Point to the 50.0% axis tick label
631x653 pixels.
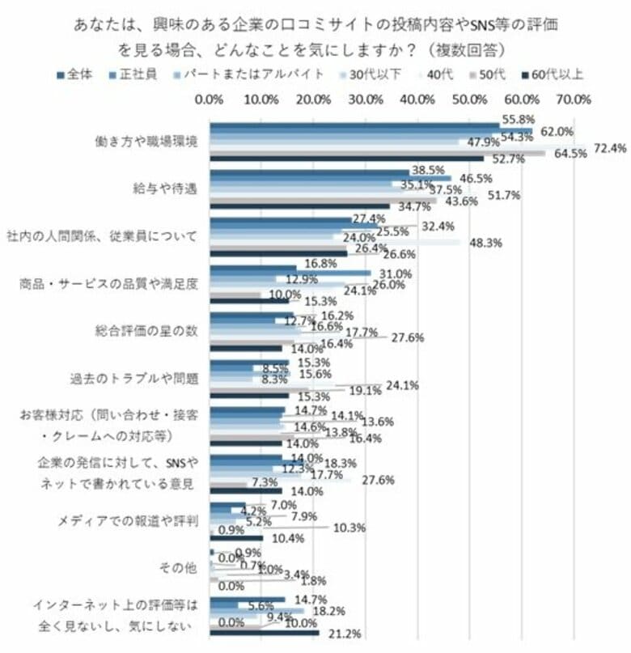click(x=469, y=100)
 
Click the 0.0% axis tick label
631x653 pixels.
click(x=210, y=100)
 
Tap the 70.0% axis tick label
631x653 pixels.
click(x=573, y=100)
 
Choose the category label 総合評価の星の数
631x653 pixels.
click(x=146, y=331)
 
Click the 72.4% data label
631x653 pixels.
click(x=611, y=148)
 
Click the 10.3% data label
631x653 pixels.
click(x=349, y=528)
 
